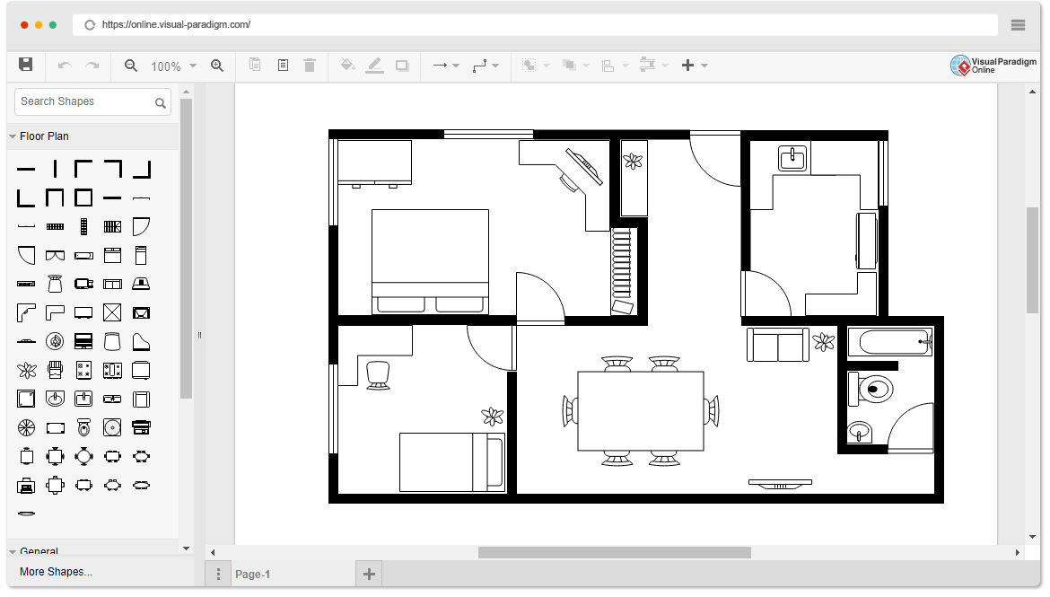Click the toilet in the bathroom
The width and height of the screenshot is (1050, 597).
click(x=870, y=390)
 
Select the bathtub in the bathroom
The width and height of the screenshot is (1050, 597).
click(x=890, y=342)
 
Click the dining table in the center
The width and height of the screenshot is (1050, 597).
click(x=640, y=411)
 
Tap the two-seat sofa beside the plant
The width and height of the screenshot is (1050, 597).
click(x=777, y=345)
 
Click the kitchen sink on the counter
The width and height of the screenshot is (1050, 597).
click(x=792, y=158)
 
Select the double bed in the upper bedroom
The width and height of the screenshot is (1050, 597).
click(x=430, y=261)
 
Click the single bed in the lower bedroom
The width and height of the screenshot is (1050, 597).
click(x=452, y=462)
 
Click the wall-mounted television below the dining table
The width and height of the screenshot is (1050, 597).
click(x=780, y=484)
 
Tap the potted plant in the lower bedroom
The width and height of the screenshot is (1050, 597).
click(x=492, y=417)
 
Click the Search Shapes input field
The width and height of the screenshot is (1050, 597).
click(x=92, y=101)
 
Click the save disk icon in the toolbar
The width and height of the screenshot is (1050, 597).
click(x=25, y=65)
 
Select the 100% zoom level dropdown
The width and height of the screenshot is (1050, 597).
click(x=173, y=66)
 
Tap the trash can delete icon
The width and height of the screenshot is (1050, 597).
click(x=310, y=65)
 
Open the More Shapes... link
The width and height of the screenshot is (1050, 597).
click(x=57, y=572)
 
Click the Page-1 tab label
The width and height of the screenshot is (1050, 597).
click(x=252, y=575)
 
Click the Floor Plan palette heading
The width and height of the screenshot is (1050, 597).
click(x=44, y=136)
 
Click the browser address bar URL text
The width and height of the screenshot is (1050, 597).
click(x=176, y=25)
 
